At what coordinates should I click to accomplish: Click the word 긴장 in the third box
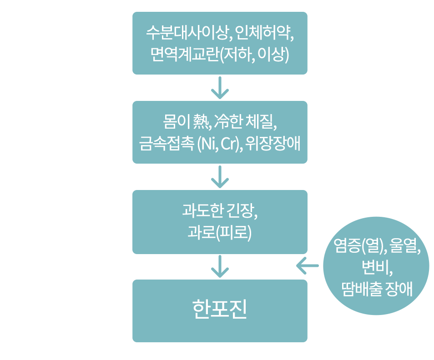[242, 211]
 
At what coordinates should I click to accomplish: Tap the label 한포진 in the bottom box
[220, 310]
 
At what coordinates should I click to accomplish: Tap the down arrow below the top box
[220, 88]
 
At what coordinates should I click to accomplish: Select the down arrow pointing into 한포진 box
[220, 267]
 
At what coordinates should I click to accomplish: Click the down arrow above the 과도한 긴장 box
[220, 177]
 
